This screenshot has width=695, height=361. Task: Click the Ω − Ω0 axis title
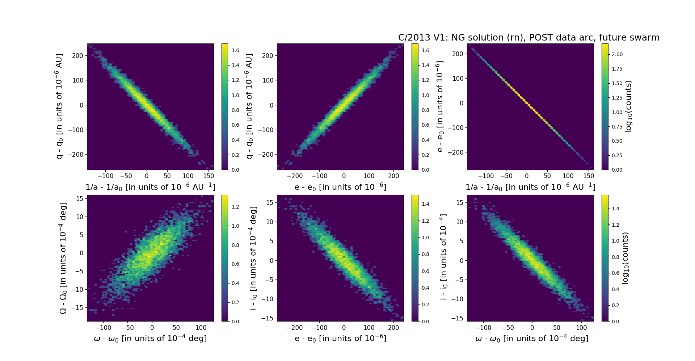coord(63,258)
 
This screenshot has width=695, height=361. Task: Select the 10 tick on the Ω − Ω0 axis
coord(79,217)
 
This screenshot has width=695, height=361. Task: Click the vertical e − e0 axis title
coord(439,106)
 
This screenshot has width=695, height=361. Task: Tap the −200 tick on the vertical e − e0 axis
coord(456,152)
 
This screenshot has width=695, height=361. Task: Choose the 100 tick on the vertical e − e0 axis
coord(458,79)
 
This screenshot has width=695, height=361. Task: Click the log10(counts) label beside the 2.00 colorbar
coord(628,106)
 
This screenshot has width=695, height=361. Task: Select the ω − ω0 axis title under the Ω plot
coord(150,339)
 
